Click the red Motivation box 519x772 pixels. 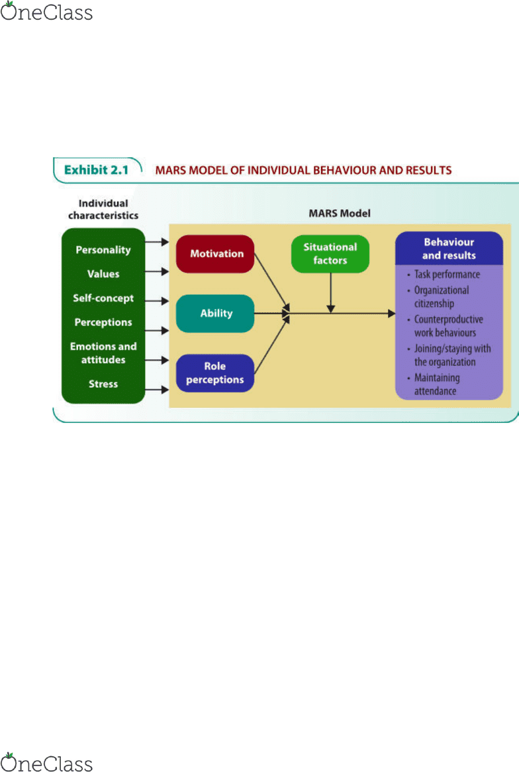[215, 253]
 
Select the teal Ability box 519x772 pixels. [215, 313]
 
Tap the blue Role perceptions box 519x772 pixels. [215, 372]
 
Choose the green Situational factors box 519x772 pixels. [330, 253]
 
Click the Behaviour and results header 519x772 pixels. [449, 249]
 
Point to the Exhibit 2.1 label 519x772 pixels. [96, 170]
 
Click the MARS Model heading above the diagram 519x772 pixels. [340, 213]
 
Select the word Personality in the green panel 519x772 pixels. [103, 250]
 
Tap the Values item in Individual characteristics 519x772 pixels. [103, 274]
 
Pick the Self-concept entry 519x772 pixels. [103, 298]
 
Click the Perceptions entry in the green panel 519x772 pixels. [103, 322]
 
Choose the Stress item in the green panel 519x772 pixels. [103, 384]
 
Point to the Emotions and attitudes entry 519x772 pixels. [103, 353]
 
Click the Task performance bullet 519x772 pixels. [444, 275]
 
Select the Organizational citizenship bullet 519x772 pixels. [438, 297]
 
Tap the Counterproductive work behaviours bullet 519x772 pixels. [445, 326]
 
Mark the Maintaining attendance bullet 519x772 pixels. [434, 384]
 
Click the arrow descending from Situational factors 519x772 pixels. [331, 292]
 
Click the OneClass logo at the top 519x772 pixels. [46, 12]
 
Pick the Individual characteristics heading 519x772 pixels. [103, 209]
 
